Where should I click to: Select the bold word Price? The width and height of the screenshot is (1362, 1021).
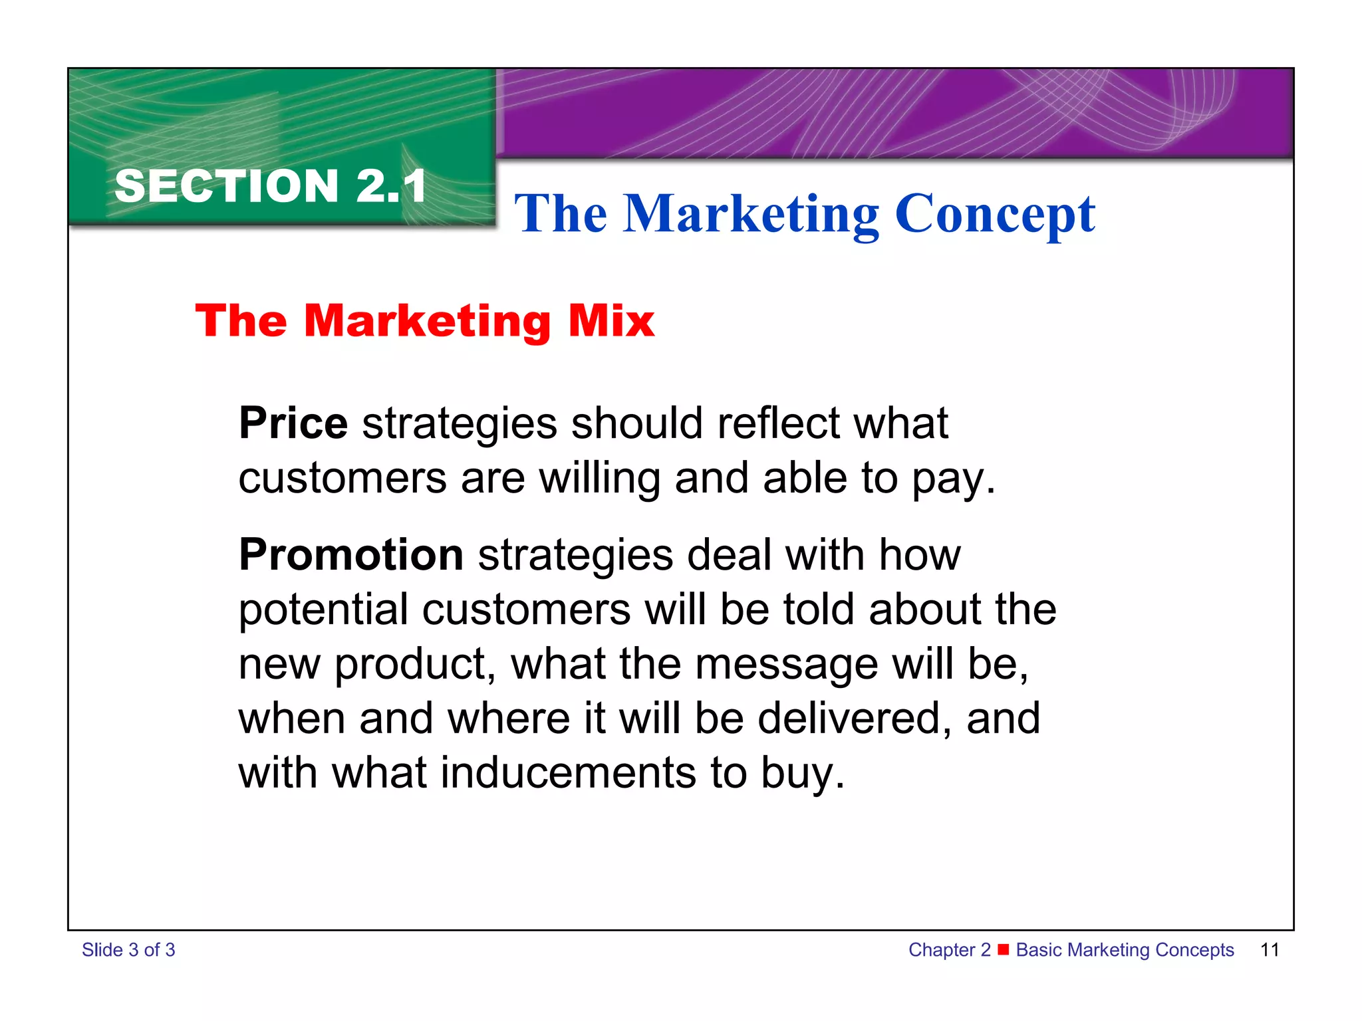(293, 423)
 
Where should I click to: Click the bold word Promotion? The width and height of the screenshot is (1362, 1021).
(351, 555)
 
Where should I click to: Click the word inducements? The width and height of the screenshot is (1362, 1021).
(568, 773)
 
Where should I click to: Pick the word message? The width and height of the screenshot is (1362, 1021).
(786, 664)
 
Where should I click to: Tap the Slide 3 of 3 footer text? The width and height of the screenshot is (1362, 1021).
(128, 950)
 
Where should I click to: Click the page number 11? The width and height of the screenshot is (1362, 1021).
(1270, 950)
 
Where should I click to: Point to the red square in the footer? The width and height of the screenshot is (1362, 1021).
(1004, 949)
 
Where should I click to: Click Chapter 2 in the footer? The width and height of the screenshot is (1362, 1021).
(949, 950)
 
